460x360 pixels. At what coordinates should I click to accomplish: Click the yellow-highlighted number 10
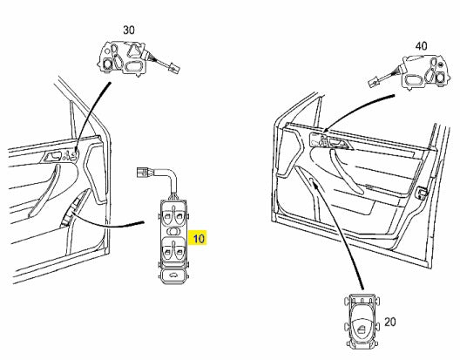tap(198, 238)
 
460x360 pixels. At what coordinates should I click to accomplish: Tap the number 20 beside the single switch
tap(390, 323)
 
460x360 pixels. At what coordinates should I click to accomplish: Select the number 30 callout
tap(129, 30)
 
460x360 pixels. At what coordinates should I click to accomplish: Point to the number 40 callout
tap(422, 46)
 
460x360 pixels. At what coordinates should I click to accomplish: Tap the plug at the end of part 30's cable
tap(174, 69)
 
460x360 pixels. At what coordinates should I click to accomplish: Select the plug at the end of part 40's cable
tap(374, 82)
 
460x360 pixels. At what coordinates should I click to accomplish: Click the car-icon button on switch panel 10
tap(173, 275)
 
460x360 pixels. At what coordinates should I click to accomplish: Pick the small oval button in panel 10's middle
tap(173, 231)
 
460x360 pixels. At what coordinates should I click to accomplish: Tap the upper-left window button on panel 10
tap(167, 216)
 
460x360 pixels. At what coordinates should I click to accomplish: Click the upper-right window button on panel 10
tap(179, 216)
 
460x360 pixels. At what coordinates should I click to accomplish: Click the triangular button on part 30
tap(134, 50)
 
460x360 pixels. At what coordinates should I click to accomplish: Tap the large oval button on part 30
tap(134, 66)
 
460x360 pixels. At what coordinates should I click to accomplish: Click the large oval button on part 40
tap(414, 80)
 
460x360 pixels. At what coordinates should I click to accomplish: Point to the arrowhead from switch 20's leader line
tap(315, 184)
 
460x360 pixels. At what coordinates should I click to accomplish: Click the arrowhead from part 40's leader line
tap(325, 131)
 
